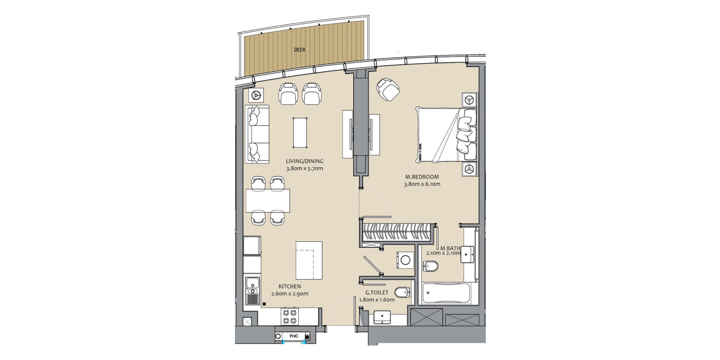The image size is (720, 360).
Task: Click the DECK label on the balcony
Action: click(299, 50)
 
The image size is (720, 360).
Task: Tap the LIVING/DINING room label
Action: click(304, 161)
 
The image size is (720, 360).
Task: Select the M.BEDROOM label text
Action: click(422, 177)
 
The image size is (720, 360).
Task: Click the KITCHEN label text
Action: click(290, 286)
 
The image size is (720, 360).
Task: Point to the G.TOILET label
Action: click(376, 293)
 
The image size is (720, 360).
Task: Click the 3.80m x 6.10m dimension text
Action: click(422, 184)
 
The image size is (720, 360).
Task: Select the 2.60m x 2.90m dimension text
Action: click(290, 294)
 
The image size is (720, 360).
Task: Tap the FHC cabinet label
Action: click(294, 336)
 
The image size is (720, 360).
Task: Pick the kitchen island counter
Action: click(309, 260)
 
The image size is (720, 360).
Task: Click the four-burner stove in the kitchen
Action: click(290, 316)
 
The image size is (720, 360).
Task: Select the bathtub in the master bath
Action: click(446, 293)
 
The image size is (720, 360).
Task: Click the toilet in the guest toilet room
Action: click(403, 293)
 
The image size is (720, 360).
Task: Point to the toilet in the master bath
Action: click(430, 266)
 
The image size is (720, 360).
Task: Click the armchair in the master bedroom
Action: click(388, 89)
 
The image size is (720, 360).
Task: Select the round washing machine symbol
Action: click(405, 260)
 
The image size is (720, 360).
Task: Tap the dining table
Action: click(268, 201)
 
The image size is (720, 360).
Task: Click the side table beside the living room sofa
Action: click(256, 96)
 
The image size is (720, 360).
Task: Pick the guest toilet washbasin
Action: click(382, 317)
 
